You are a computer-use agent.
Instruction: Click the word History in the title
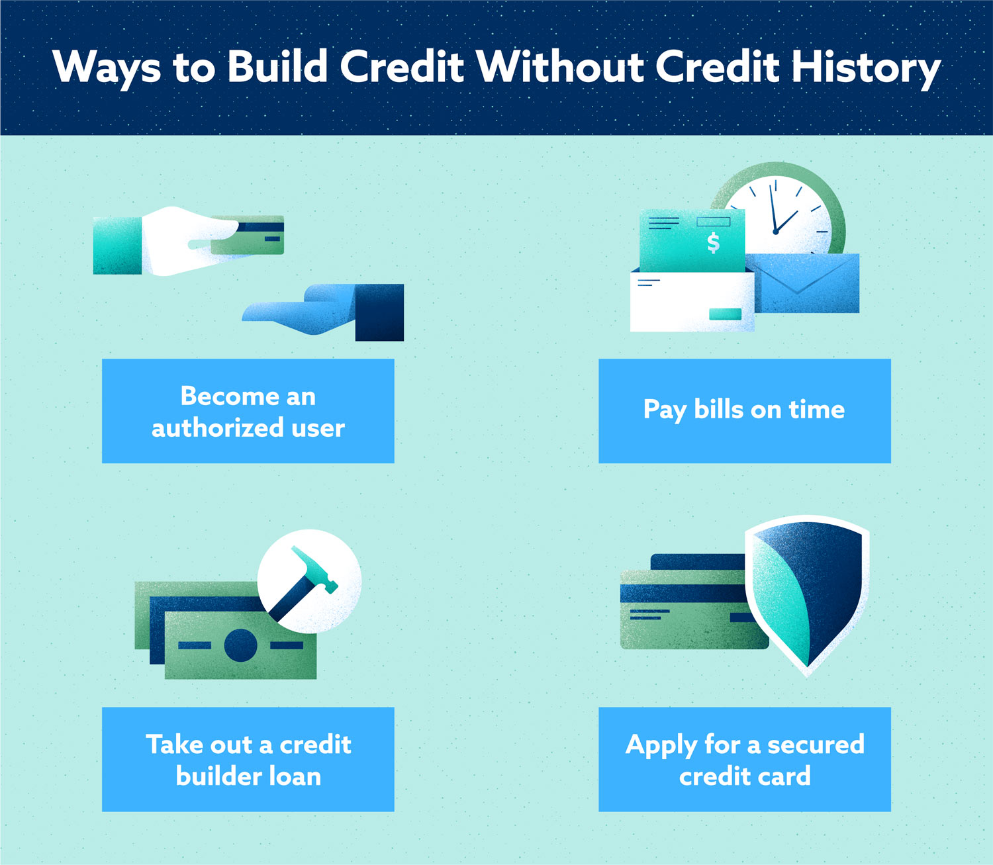(x=866, y=68)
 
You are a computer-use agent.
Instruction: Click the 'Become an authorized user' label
(x=248, y=411)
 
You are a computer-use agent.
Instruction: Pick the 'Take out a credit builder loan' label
(x=248, y=759)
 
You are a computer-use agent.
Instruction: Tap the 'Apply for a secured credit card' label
(x=745, y=759)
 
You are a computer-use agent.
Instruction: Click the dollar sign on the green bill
(x=713, y=243)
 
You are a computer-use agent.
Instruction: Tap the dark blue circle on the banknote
(x=241, y=645)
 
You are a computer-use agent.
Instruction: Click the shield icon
(x=806, y=595)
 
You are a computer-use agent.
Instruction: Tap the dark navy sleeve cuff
(x=379, y=312)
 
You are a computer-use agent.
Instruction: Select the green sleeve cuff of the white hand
(x=117, y=246)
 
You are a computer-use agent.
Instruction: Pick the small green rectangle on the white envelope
(x=725, y=314)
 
